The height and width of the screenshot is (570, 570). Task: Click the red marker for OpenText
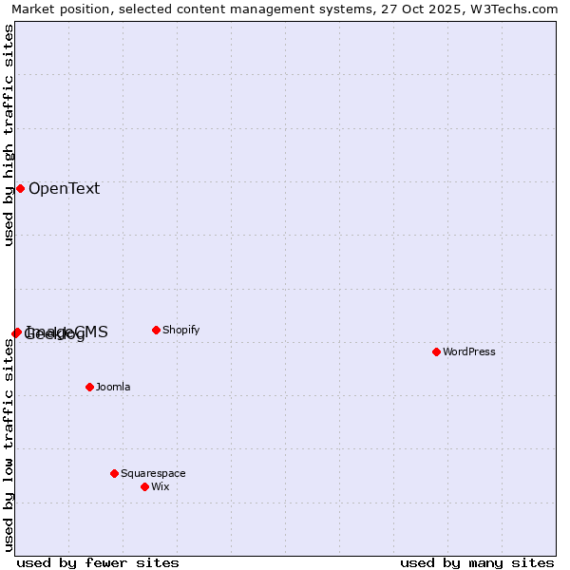[x=20, y=188]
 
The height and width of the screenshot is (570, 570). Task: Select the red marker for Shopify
[x=156, y=330]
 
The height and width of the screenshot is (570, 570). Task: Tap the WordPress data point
[x=436, y=351]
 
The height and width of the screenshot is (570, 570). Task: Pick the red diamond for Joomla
[x=89, y=387]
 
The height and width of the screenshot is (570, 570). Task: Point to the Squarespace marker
[x=114, y=473]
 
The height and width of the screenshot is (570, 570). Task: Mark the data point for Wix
[x=144, y=486]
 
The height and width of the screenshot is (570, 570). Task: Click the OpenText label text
[x=64, y=188]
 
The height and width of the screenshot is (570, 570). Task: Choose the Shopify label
[x=180, y=330]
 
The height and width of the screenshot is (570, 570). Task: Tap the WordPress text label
[x=469, y=351]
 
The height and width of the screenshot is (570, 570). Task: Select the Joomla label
[x=113, y=387]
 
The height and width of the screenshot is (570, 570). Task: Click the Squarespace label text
[x=153, y=473]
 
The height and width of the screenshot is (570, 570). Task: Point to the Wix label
[x=161, y=486]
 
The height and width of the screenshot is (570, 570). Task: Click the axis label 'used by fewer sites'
[x=98, y=562]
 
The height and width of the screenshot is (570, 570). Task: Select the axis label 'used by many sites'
[x=477, y=562]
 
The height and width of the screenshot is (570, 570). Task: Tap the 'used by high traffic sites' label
[x=9, y=135]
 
